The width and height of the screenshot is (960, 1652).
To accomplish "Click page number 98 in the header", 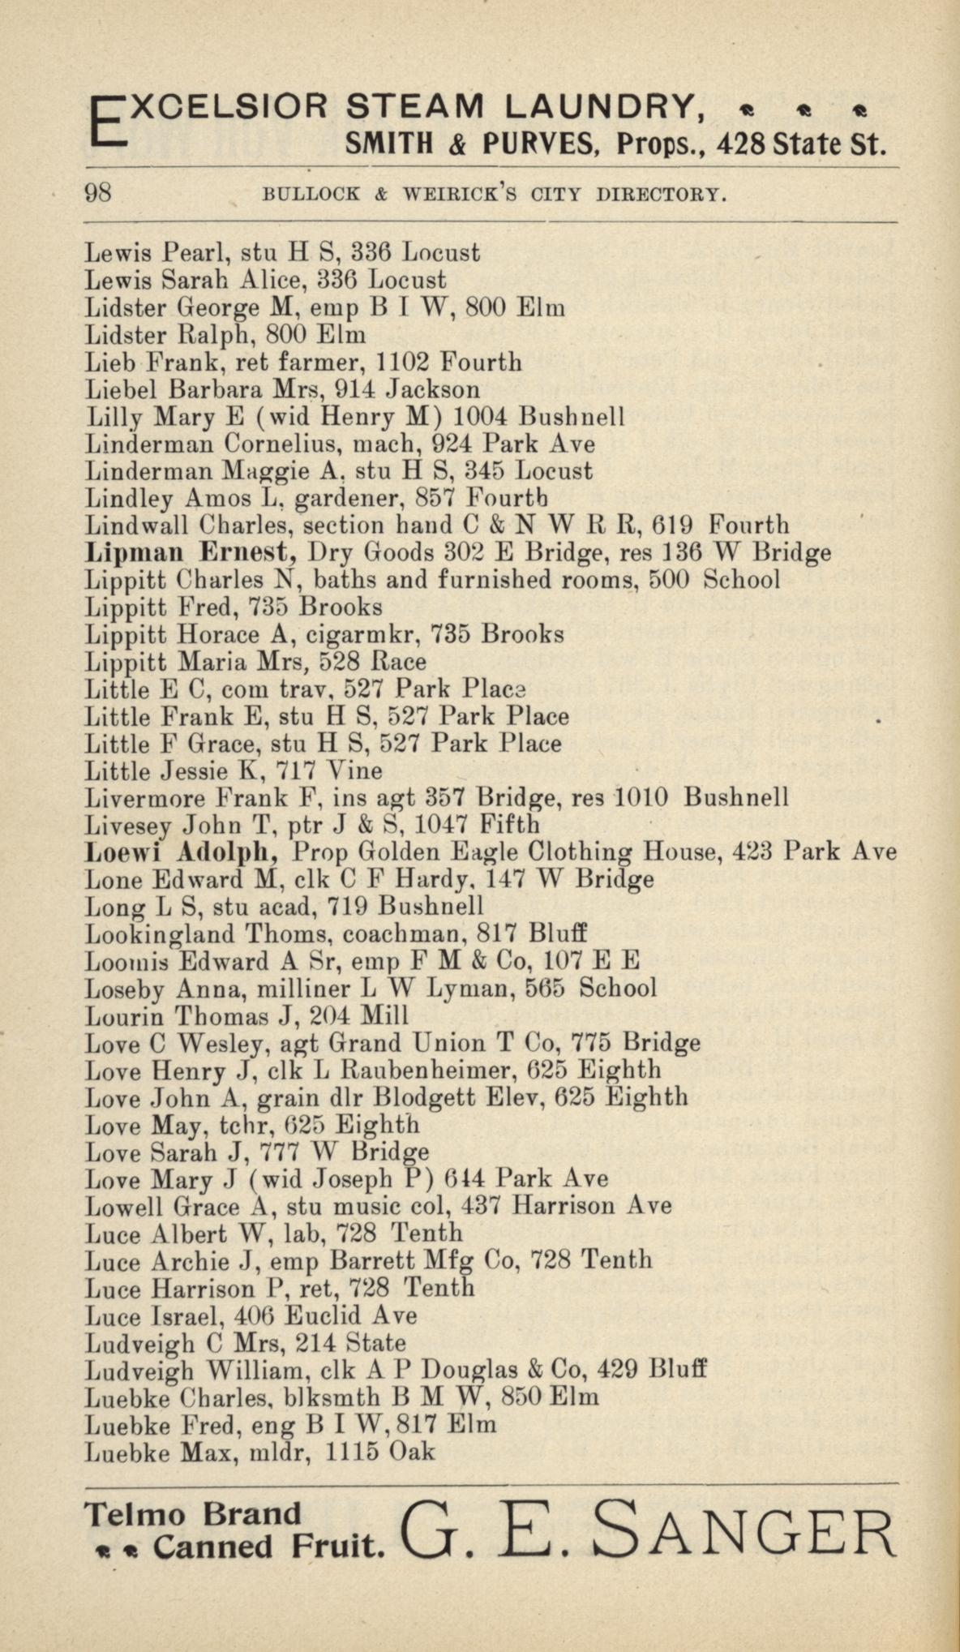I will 98,194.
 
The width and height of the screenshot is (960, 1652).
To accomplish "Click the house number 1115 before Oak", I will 352,1452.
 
